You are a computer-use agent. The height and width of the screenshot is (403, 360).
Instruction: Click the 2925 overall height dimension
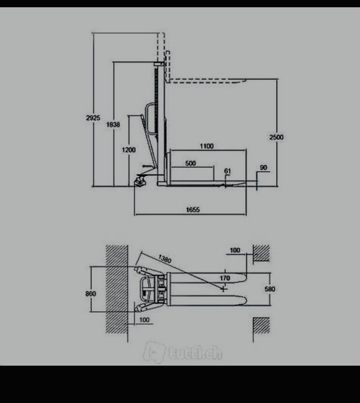coord(93,118)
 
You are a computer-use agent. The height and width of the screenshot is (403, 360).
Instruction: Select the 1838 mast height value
coord(113,125)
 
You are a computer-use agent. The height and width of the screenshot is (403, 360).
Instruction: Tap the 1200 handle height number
coord(129,150)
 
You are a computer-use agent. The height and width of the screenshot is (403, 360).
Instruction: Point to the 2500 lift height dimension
coord(276,137)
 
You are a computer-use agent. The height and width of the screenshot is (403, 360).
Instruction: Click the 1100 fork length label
coord(207,146)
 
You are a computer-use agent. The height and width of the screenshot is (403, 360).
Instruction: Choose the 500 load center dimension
coord(190,163)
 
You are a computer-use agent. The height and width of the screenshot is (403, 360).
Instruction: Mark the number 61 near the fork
coord(228,171)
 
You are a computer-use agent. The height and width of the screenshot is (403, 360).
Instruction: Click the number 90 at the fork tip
coord(264,168)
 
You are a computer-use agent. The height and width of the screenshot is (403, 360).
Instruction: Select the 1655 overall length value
coord(193,210)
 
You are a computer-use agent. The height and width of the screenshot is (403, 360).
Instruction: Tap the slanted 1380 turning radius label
coord(165,259)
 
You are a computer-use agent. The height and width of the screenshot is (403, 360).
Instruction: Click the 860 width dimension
coord(91,293)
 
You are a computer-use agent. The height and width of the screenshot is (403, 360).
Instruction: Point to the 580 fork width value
coord(270,289)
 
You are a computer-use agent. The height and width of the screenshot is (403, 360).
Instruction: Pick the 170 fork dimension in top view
coord(225,278)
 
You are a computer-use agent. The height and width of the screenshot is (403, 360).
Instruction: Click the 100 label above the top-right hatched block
coord(235,250)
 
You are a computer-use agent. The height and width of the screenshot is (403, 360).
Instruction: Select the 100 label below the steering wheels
coord(144,320)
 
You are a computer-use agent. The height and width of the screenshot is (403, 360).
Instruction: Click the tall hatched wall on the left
coord(117,289)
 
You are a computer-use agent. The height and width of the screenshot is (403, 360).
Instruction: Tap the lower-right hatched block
coord(261,325)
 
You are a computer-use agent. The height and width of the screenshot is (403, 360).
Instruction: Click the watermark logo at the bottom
coord(183,353)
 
